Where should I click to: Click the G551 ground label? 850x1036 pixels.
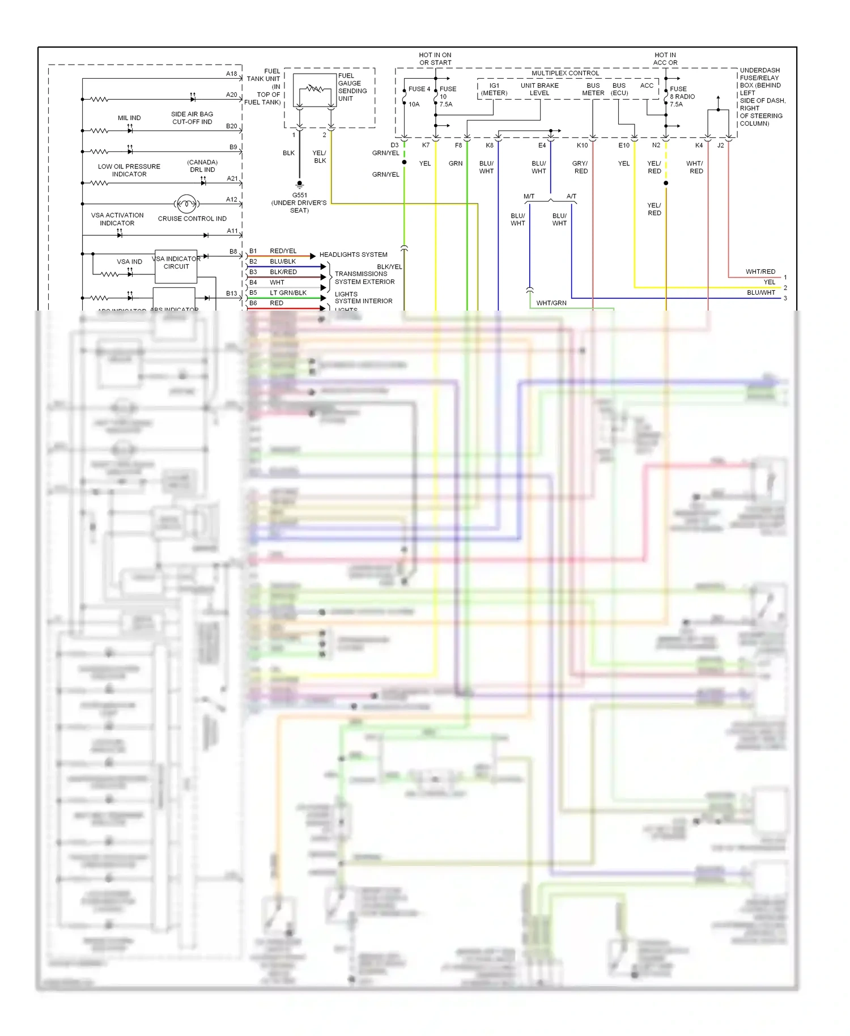pos(299,195)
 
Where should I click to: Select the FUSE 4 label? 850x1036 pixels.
pos(419,89)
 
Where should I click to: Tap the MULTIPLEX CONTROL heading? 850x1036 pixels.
pos(565,73)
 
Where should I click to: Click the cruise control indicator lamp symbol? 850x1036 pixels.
pos(186,203)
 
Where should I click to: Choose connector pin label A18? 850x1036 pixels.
pos(231,74)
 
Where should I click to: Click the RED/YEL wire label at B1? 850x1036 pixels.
pos(283,251)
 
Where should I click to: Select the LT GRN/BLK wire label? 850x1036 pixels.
pos(288,293)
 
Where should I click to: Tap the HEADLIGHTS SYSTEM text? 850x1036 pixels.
pos(353,254)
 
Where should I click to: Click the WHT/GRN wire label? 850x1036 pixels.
pos(551,303)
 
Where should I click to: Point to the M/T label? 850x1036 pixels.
pos(529,196)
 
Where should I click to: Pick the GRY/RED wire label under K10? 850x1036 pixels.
pos(580,167)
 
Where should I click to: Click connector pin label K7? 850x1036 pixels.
pos(426,145)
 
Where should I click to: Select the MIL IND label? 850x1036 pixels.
pos(129,118)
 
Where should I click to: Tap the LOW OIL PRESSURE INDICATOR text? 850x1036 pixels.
pos(129,170)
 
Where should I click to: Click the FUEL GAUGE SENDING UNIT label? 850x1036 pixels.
pos(352,87)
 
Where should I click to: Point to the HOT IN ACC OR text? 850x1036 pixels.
pos(665,59)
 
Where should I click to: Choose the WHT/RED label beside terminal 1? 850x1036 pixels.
pos(760,272)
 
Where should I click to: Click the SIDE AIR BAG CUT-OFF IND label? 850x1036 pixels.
pos(192,118)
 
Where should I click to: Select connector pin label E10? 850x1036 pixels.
pos(623,146)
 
